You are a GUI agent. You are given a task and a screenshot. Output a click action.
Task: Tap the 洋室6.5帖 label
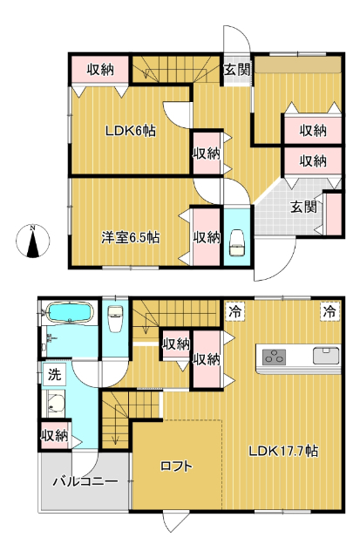click(x=130, y=236)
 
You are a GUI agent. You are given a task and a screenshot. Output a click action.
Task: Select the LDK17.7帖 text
click(x=283, y=452)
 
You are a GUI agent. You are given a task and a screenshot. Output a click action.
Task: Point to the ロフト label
click(x=176, y=466)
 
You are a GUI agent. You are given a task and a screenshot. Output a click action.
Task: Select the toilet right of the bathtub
click(x=114, y=318)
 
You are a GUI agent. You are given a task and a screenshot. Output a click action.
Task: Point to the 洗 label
click(x=54, y=377)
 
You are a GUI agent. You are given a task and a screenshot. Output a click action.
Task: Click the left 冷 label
click(x=235, y=310)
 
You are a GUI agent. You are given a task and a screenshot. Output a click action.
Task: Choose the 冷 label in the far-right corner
click(x=329, y=310)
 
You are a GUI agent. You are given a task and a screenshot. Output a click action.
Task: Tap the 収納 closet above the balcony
click(x=54, y=435)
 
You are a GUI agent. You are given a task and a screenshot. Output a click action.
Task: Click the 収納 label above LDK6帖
click(x=99, y=70)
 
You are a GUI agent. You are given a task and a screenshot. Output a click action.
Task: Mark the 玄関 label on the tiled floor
click(x=302, y=207)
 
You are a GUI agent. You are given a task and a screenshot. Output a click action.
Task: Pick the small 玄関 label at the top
click(x=236, y=70)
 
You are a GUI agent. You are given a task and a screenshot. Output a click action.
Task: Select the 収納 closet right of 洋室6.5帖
click(x=207, y=236)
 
